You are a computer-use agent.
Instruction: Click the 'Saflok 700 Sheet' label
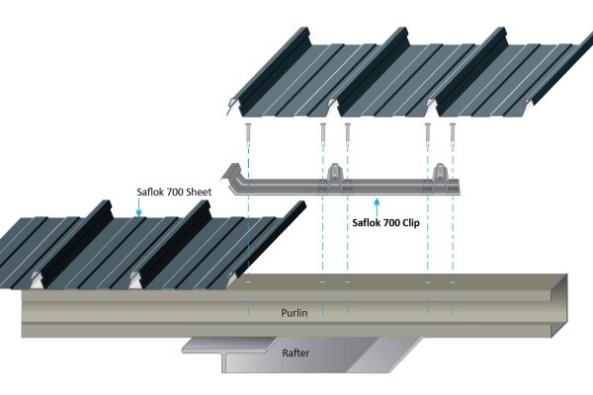pyautogui.click(x=174, y=192)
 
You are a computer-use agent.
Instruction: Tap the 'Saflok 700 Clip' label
pyautogui.click(x=385, y=222)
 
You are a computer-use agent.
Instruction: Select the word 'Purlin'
pyautogui.click(x=295, y=313)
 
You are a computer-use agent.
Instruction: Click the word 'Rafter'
pyautogui.click(x=296, y=354)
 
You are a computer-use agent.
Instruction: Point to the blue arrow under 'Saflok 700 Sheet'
pyautogui.click(x=138, y=207)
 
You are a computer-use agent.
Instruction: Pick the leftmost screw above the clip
pyautogui.click(x=248, y=134)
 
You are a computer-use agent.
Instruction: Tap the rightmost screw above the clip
pyautogui.click(x=453, y=134)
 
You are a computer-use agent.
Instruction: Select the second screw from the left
pyautogui.click(x=323, y=134)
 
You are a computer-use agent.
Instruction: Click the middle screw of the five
pyautogui.click(x=348, y=134)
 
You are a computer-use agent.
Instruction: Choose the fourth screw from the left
pyautogui.click(x=428, y=134)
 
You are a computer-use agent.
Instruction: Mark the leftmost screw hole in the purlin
pyautogui.click(x=248, y=282)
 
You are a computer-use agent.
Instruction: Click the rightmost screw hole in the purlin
pyautogui.click(x=453, y=282)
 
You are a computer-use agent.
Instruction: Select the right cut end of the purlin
pyautogui.click(x=560, y=305)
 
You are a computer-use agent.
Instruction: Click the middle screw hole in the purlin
pyautogui.click(x=348, y=282)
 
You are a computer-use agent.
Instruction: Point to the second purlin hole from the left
pyautogui.click(x=323, y=282)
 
